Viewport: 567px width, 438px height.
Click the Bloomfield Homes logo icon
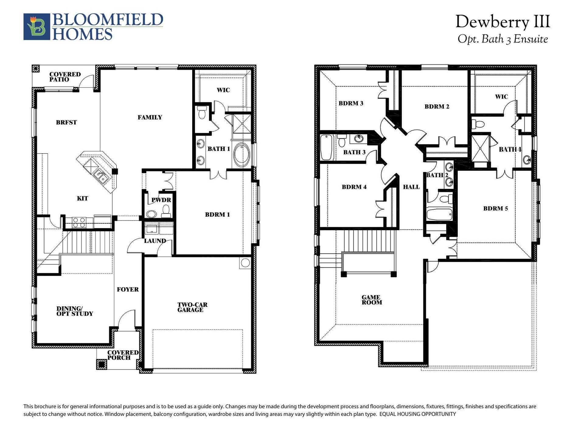click(37, 27)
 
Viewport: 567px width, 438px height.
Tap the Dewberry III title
click(503, 22)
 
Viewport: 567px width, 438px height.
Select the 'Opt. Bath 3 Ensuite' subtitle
click(503, 39)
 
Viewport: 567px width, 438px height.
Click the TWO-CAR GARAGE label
click(192, 307)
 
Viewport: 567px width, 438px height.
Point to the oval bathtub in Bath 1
click(242, 155)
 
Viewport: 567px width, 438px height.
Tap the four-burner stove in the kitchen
click(79, 222)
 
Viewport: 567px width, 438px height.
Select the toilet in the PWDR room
click(166, 210)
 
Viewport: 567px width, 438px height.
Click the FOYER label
click(127, 290)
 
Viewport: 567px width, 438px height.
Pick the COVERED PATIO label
click(65, 77)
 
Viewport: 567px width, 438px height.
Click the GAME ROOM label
click(371, 300)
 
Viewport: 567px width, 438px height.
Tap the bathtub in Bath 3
click(326, 148)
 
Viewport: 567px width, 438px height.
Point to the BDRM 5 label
click(495, 209)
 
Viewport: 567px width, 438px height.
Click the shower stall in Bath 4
click(480, 148)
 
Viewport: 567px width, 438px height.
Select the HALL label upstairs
click(411, 187)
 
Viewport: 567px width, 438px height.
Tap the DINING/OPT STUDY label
click(75, 311)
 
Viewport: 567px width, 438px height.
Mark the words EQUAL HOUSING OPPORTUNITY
click(417, 414)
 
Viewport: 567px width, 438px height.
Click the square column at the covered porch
click(101, 364)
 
